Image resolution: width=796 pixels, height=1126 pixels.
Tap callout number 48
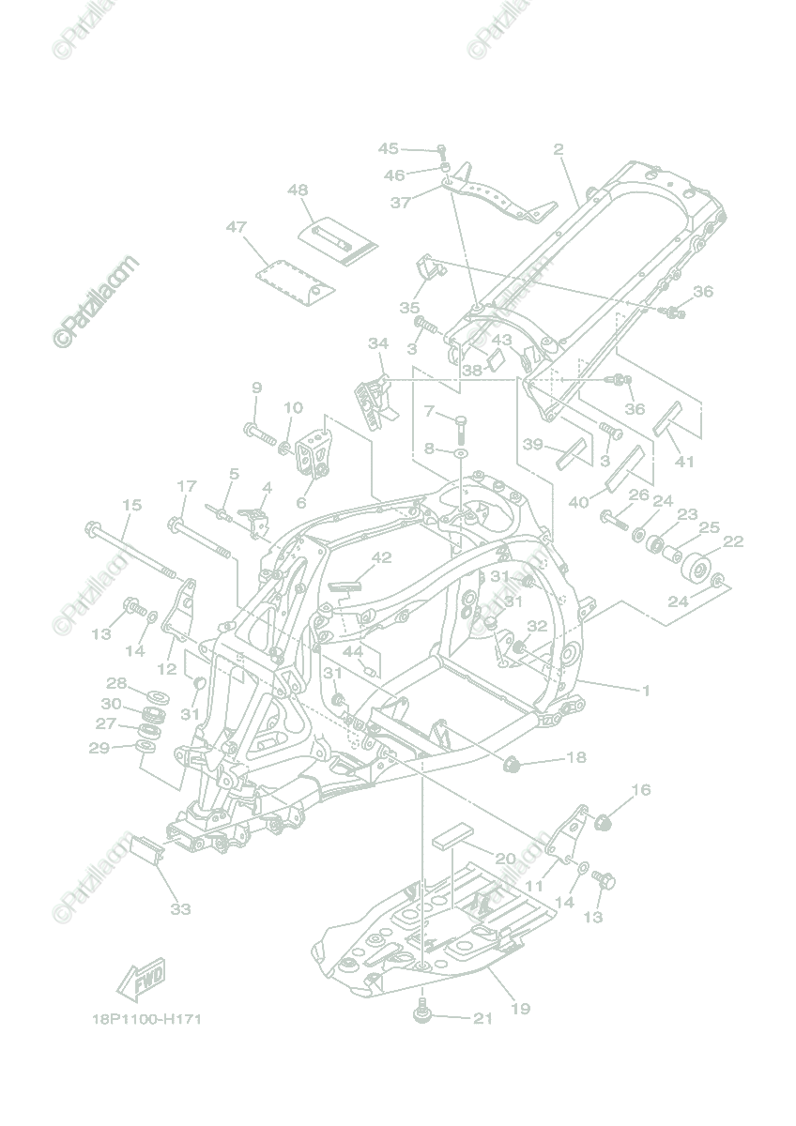click(x=298, y=190)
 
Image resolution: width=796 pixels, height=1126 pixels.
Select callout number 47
click(x=236, y=227)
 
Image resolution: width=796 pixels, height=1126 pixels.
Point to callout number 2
click(x=558, y=149)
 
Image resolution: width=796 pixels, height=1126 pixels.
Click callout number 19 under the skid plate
click(x=519, y=1009)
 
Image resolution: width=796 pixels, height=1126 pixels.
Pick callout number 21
click(x=482, y=1019)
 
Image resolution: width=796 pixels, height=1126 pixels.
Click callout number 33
click(x=180, y=908)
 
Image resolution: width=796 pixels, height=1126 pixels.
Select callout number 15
click(x=131, y=505)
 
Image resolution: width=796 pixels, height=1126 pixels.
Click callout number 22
click(x=733, y=541)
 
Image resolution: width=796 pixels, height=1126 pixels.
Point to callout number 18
click(x=575, y=757)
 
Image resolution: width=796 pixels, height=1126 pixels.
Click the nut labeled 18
click(x=513, y=764)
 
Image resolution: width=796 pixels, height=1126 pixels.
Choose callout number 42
click(x=380, y=557)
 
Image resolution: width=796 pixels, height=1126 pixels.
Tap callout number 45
click(x=389, y=149)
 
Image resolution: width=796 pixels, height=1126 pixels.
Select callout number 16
click(x=640, y=790)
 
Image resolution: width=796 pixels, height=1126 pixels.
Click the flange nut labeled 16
click(x=605, y=823)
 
